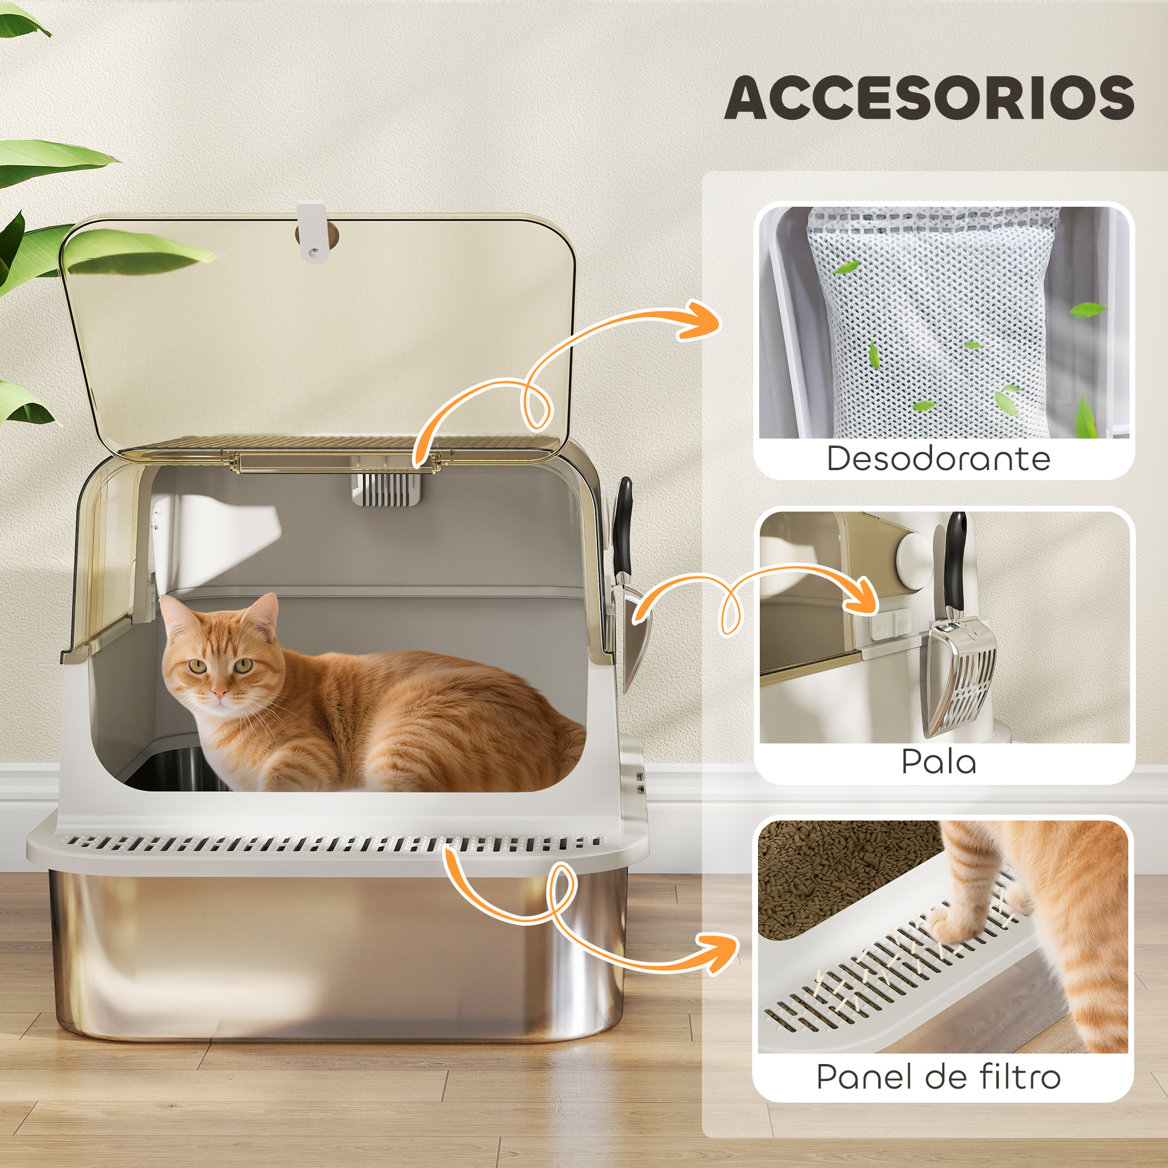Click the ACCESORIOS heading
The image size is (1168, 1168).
(929, 98)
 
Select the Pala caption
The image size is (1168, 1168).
(938, 762)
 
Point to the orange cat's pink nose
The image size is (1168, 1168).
(220, 692)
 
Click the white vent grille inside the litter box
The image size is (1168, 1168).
(386, 488)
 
